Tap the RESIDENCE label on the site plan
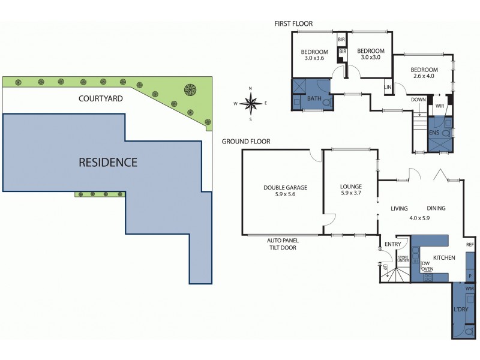[x=108, y=162]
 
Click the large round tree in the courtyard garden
[x=190, y=90]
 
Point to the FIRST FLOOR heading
[x=293, y=24]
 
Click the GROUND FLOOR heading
[x=246, y=142]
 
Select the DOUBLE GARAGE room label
[x=285, y=187]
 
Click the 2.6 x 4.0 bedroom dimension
[x=424, y=76]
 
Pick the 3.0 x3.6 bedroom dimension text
[x=314, y=58]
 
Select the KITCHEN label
[x=443, y=257]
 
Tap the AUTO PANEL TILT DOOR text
[x=281, y=244]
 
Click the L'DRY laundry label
[x=460, y=309]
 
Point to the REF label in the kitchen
[x=470, y=245]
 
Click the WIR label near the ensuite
[x=440, y=106]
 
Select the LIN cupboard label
[x=388, y=88]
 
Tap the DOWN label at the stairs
[x=418, y=100]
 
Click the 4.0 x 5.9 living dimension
[x=419, y=218]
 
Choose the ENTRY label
[x=393, y=244]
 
